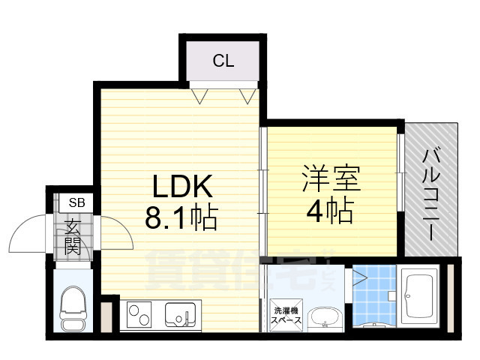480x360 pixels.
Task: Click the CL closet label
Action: pyautogui.click(x=223, y=61)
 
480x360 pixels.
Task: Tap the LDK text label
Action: pyautogui.click(x=184, y=185)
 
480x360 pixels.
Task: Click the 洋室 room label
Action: pyautogui.click(x=331, y=180)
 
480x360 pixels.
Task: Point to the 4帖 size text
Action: pyautogui.click(x=329, y=212)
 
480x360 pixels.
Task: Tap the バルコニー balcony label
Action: pyautogui.click(x=430, y=193)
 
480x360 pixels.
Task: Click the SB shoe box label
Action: pyautogui.click(x=77, y=202)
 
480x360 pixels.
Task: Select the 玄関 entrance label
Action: pyautogui.click(x=72, y=236)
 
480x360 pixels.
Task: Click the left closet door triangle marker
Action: pyautogui.click(x=199, y=94)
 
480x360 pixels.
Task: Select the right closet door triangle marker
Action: pyautogui.click(x=247, y=94)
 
